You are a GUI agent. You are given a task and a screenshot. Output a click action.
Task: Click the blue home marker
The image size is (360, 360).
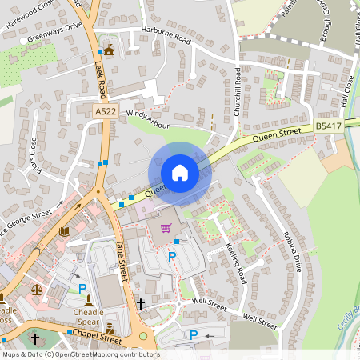click(179, 173)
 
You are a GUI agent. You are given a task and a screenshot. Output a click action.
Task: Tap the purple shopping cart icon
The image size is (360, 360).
click(166, 228)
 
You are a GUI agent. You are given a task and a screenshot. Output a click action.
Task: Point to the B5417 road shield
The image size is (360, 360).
click(326, 126)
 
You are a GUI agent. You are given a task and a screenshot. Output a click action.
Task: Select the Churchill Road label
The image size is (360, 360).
click(238, 94)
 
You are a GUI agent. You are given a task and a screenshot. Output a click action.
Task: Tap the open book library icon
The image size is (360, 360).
click(65, 231)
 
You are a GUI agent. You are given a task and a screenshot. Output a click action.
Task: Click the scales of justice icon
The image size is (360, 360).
click(36, 289)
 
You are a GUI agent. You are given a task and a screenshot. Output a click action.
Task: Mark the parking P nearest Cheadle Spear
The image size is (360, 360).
click(82, 287)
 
